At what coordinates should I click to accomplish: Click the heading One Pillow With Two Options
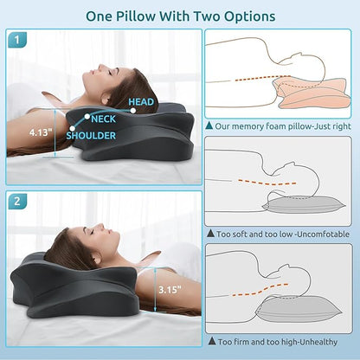179,16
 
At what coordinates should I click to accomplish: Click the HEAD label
142,100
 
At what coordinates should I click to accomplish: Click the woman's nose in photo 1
89,66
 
